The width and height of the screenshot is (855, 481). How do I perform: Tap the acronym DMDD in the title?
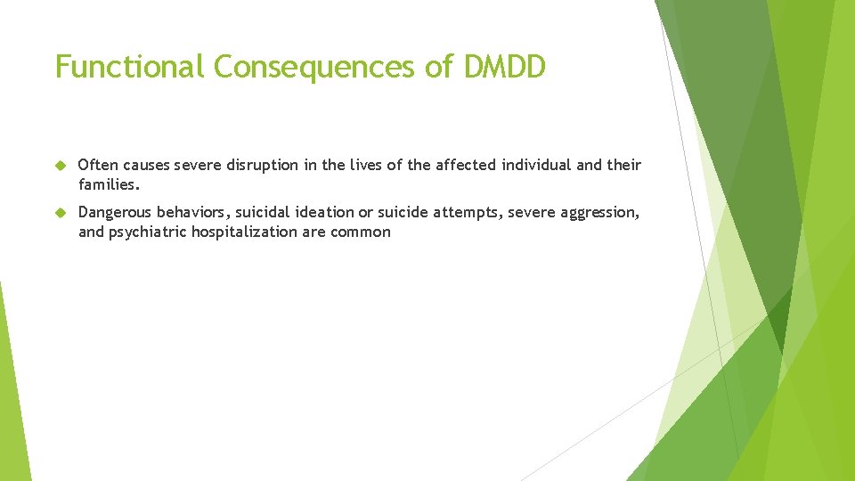click(503, 67)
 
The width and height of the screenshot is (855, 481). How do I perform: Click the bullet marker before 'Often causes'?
click(61, 166)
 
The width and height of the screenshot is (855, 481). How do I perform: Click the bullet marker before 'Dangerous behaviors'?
click(61, 213)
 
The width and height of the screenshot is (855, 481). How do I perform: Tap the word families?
click(110, 185)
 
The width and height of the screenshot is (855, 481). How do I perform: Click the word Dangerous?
click(116, 213)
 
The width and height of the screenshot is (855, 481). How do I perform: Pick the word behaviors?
click(193, 213)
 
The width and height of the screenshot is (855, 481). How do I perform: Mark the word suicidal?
click(267, 213)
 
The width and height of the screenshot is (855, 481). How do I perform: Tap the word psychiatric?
click(147, 232)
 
